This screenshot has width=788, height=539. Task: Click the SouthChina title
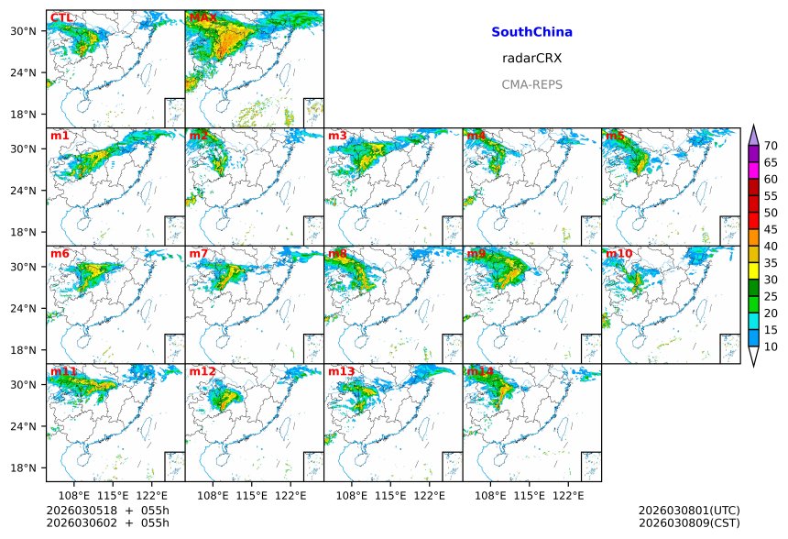tap(531, 32)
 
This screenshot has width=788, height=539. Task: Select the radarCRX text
tap(531, 58)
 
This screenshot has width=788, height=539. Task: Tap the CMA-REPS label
tap(531, 84)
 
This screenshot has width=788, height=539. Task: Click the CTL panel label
tap(61, 18)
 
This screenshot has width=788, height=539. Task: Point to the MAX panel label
tap(202, 18)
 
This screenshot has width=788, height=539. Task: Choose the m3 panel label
tap(337, 137)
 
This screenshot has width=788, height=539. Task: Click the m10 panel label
tap(618, 254)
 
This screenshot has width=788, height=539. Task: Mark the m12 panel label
tap(202, 372)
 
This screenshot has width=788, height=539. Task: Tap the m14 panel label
tap(480, 372)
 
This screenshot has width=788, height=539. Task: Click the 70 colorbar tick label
tap(771, 146)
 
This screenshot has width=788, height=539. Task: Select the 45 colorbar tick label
tap(771, 229)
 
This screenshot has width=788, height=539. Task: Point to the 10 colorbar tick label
tap(771, 346)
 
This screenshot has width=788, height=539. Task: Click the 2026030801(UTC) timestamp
tap(688, 511)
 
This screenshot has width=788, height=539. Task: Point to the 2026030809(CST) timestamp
tap(688, 523)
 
